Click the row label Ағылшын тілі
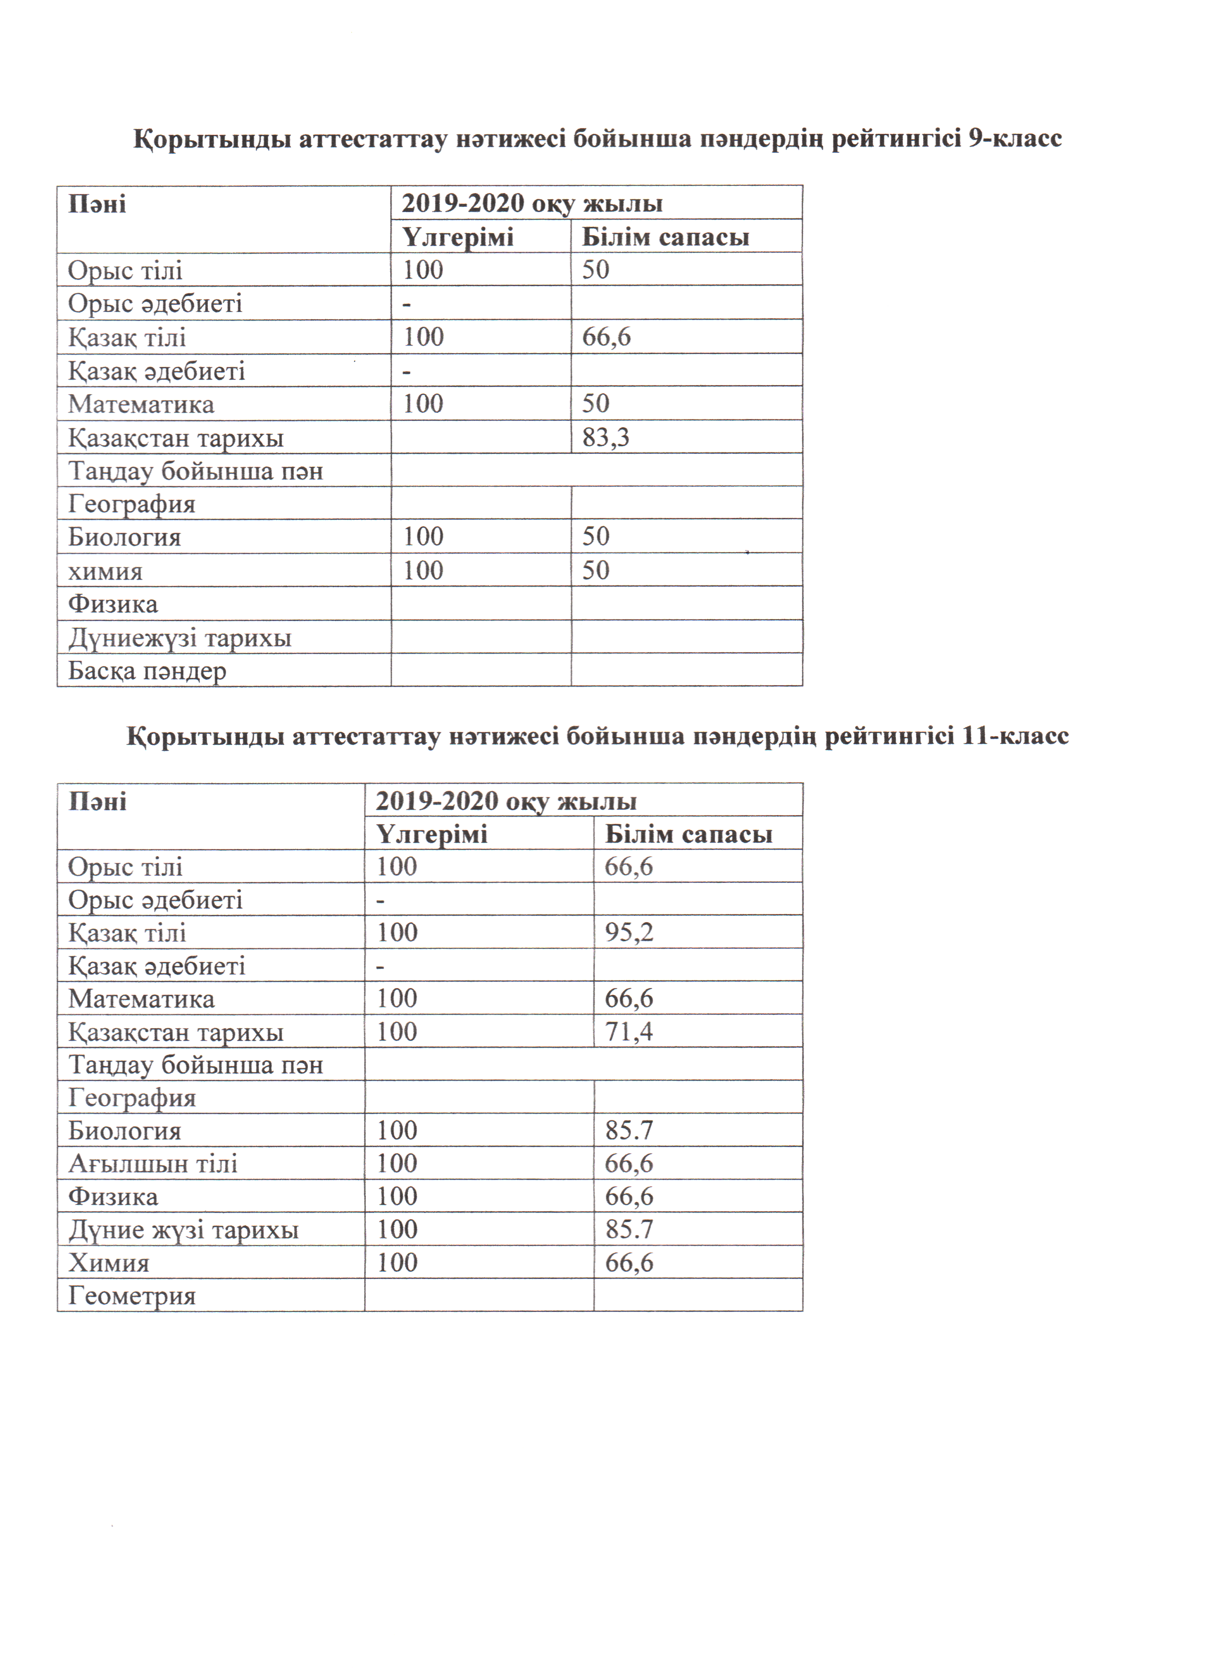point(153,1163)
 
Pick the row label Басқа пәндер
point(147,671)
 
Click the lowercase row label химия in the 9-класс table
point(105,571)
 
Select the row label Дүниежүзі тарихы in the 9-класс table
point(180,638)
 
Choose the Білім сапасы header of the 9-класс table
point(665,237)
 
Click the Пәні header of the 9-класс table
point(97,204)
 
